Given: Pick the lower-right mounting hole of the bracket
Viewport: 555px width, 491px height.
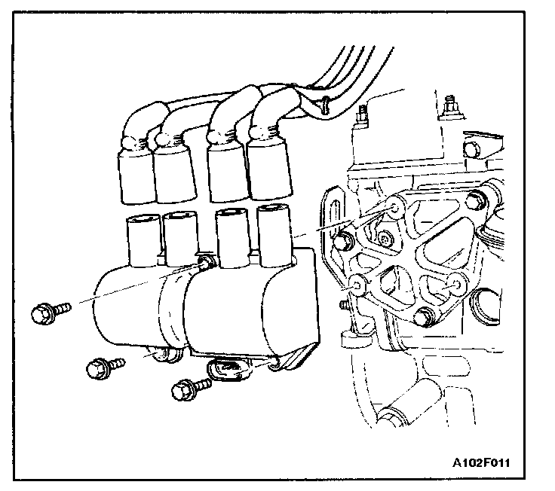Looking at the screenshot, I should click(455, 285).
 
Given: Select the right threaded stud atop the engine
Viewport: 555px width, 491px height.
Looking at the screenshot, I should click(451, 104).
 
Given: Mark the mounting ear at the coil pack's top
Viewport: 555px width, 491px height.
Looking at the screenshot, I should click(204, 263).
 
